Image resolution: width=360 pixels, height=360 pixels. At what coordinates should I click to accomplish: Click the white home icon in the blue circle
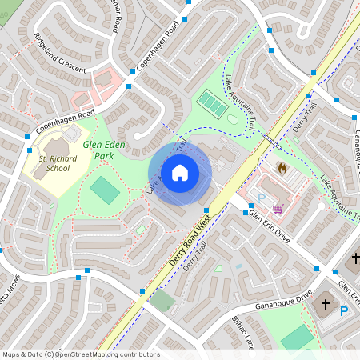pos(180,173)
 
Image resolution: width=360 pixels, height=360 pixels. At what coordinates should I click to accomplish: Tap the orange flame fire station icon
pos(282,169)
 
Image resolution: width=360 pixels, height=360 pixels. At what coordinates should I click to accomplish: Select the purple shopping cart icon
pos(278,208)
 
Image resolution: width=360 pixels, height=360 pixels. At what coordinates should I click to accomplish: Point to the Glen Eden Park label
pos(105,150)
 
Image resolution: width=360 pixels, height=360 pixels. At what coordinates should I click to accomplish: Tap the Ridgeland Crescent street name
pos(60,54)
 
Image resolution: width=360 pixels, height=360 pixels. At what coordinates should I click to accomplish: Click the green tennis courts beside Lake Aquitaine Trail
pos(212,103)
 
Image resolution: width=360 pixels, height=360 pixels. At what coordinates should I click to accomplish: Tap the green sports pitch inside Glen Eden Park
pos(104,190)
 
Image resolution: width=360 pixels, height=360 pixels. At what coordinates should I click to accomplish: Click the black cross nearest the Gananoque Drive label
pos(326,305)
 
